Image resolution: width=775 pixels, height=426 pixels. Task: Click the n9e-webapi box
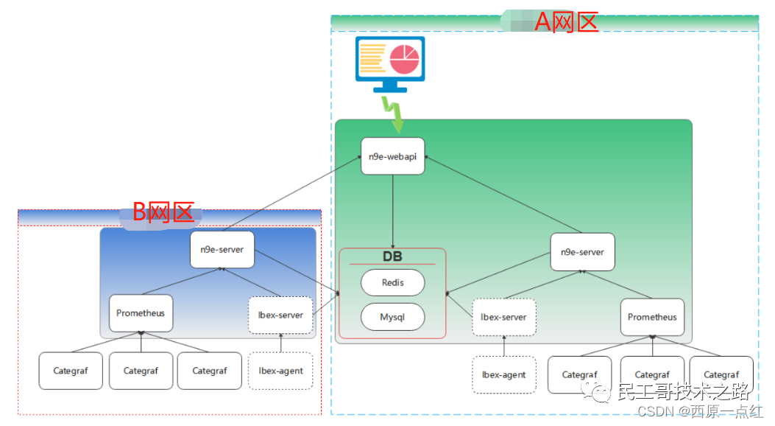point(392,156)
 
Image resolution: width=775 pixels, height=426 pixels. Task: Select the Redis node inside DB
point(392,282)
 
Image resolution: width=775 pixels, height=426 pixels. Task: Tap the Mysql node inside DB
point(392,317)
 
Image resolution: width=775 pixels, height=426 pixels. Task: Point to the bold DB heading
point(392,256)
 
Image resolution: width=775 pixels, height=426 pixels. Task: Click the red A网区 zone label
point(567,22)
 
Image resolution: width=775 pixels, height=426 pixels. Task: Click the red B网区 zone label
point(163,212)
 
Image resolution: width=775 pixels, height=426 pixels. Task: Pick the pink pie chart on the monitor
point(404,59)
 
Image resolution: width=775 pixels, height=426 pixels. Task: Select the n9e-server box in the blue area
point(222,250)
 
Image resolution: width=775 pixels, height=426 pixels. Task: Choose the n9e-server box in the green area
point(582,252)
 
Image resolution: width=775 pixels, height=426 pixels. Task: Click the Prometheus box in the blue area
point(141,313)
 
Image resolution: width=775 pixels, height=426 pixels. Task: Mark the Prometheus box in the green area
point(652,317)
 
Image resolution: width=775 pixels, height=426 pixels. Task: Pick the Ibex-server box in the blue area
point(280,315)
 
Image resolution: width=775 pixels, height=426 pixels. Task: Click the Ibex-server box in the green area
point(503,317)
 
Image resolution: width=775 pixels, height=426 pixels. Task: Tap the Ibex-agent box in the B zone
point(280,371)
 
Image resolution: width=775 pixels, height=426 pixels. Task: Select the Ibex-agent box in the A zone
point(503,375)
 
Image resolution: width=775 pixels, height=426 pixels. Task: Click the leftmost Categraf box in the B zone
point(71,371)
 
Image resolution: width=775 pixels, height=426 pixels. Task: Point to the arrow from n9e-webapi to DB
point(393,212)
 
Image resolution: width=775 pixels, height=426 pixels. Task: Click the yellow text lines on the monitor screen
point(372,58)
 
